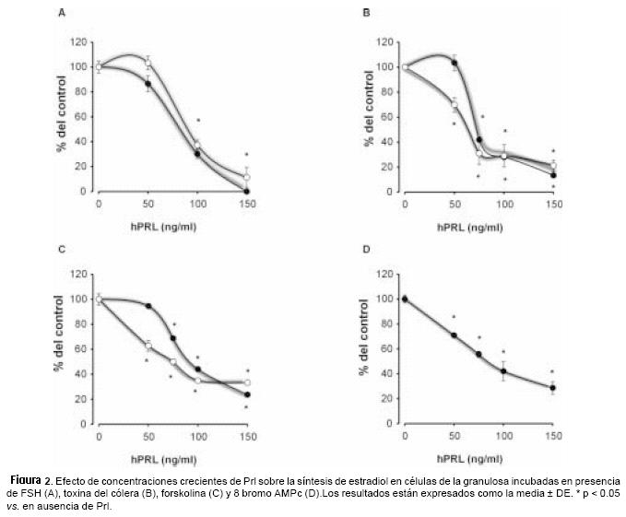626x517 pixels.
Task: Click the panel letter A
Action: [61, 14]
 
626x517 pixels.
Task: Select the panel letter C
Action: [61, 249]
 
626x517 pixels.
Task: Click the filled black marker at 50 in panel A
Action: [148, 84]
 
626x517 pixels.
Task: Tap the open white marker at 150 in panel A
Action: [247, 177]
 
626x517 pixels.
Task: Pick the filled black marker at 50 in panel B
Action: [455, 63]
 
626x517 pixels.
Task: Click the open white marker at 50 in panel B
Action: [455, 104]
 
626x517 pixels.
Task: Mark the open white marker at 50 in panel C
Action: [148, 346]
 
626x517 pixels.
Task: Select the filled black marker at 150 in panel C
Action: [247, 394]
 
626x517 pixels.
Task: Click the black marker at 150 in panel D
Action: [552, 388]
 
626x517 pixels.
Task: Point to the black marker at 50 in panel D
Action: [455, 335]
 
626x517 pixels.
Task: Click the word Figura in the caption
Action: [30, 480]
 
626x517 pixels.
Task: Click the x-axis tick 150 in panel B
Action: [552, 202]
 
